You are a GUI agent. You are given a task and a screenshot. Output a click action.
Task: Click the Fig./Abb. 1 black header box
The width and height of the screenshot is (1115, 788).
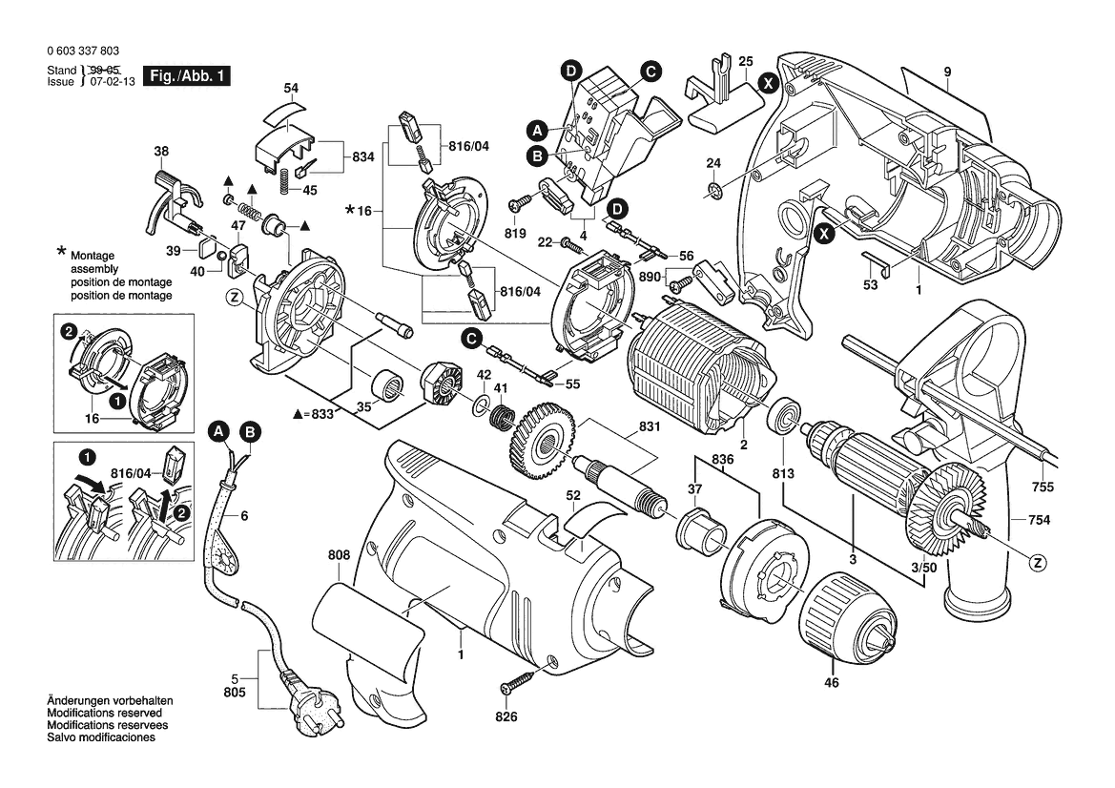pos(185,76)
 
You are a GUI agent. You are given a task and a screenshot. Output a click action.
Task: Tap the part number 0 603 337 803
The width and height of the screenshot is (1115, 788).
pos(82,52)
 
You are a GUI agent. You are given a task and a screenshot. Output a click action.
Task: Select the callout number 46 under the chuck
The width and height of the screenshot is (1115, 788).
pos(832,683)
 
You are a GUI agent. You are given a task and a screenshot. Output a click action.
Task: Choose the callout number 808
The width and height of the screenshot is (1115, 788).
pos(338,555)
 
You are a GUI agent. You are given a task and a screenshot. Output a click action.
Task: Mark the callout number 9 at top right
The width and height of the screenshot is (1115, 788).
pos(948,72)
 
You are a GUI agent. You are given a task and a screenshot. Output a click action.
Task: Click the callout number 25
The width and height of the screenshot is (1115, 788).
pos(746,60)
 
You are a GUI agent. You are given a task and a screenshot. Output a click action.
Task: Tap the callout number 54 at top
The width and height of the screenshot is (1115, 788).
pos(291,89)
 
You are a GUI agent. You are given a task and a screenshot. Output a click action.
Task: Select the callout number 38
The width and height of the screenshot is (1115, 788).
pos(161,151)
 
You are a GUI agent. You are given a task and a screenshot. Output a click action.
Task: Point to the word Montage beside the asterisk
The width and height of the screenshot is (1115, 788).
pos(92,257)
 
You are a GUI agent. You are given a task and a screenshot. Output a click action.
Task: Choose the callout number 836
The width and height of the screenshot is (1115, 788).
pos(722,461)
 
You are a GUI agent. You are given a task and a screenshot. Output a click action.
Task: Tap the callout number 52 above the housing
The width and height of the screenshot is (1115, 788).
pos(572,495)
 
